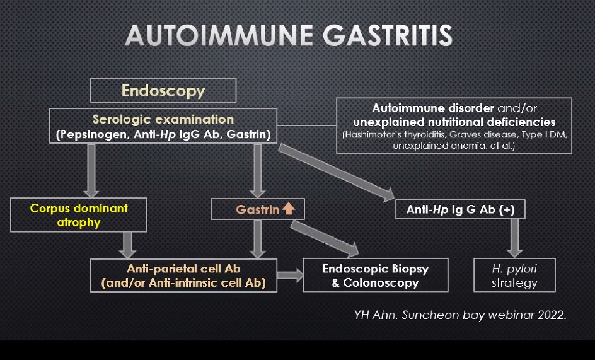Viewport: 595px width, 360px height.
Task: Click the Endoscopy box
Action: point(163,90)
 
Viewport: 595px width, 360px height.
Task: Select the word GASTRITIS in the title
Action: point(388,36)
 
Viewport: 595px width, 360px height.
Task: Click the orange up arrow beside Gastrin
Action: point(289,209)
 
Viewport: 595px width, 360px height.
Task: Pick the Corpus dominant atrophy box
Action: point(79,215)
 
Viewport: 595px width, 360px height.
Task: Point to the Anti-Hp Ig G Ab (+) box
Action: point(460,209)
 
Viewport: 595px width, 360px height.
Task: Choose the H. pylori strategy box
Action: point(514,275)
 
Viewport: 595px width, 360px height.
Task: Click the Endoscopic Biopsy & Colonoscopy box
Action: point(375,275)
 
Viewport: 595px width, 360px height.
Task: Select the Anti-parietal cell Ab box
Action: point(183,276)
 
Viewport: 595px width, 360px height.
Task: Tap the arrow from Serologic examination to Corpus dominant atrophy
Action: point(91,170)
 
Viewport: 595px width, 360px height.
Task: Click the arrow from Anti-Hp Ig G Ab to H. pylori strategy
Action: point(514,238)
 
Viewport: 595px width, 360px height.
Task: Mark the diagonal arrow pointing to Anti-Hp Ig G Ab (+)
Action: point(337,172)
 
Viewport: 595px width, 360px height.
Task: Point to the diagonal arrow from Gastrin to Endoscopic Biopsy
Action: point(325,238)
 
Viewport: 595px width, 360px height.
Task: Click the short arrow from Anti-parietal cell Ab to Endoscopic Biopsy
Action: point(291,276)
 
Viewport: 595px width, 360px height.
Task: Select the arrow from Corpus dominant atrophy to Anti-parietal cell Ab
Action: point(127,245)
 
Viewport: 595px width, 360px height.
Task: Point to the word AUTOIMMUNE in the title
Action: point(219,36)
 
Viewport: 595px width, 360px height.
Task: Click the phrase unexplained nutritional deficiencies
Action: point(454,122)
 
